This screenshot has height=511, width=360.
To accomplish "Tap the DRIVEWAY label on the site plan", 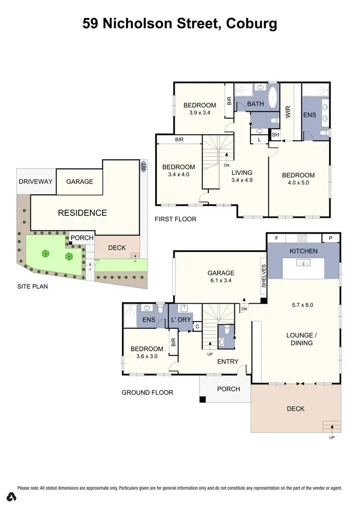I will click(x=36, y=182).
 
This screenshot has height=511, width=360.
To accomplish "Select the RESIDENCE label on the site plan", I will click(x=82, y=213).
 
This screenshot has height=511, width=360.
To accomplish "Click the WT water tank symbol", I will click(x=143, y=166).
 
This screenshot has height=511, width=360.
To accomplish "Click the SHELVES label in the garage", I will click(x=263, y=276).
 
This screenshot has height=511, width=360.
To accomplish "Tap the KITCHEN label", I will click(x=303, y=251).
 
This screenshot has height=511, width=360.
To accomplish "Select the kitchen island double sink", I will click(x=303, y=262).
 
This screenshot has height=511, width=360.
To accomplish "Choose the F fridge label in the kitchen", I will click(x=276, y=238).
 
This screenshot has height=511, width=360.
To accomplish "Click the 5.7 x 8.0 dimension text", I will click(x=303, y=305).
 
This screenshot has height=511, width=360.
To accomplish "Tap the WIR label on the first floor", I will click(x=288, y=113).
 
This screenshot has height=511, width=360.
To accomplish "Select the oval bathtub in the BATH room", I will click(x=272, y=97).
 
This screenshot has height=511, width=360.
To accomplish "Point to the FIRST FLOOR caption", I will click(x=175, y=219).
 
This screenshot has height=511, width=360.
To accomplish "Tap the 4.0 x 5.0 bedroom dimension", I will click(x=298, y=184).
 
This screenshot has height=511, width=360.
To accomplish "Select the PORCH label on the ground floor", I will click(x=228, y=389).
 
